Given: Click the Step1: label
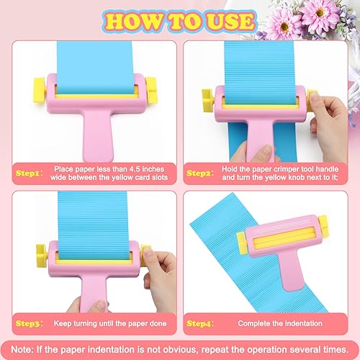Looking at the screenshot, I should click(30, 172).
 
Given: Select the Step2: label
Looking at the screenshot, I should click(202, 173).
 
